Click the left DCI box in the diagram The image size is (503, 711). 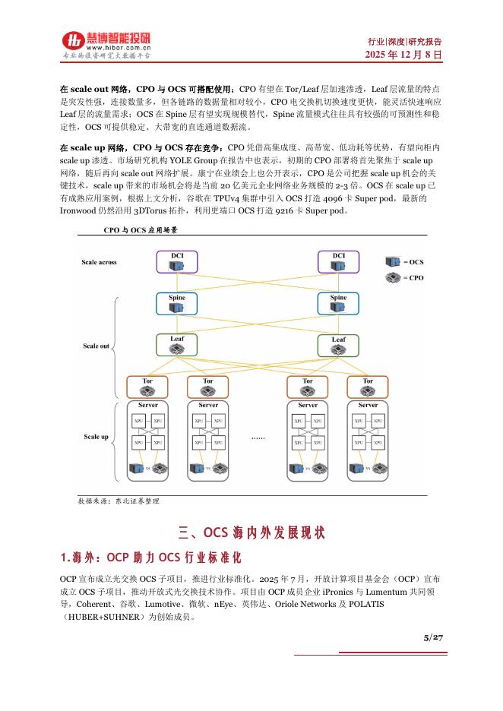[x=176, y=262]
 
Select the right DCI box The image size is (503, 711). [x=338, y=262]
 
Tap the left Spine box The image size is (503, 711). [x=176, y=303]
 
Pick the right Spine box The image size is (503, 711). [x=338, y=303]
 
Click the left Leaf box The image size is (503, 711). [x=176, y=344]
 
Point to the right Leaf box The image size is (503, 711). [x=338, y=345]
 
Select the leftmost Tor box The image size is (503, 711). [x=147, y=387]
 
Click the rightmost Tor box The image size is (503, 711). [x=368, y=387]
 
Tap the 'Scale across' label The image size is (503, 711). [x=99, y=263]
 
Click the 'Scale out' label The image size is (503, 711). [x=96, y=346]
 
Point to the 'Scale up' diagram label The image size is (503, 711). [x=96, y=438]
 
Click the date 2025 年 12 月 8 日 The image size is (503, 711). [x=403, y=55]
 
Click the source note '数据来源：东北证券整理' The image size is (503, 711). [x=119, y=501]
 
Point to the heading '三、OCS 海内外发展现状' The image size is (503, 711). [x=251, y=532]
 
